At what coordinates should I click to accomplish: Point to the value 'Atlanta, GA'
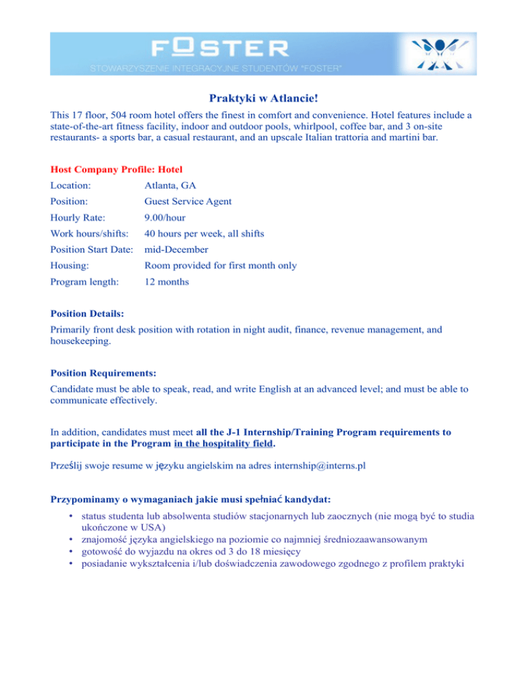(x=171, y=185)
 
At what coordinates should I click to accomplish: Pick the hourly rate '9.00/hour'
(x=167, y=217)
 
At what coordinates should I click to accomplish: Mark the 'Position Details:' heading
(x=87, y=313)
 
